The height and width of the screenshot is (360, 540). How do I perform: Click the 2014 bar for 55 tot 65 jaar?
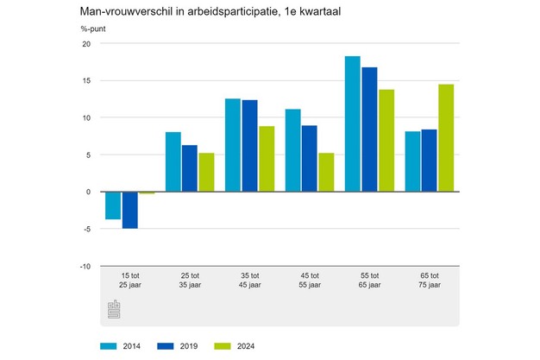(x=353, y=123)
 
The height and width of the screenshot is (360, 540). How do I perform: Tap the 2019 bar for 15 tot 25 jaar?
(x=130, y=210)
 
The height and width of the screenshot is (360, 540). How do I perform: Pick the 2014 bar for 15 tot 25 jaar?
(x=113, y=205)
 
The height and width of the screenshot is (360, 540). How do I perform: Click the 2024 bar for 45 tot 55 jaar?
(x=326, y=172)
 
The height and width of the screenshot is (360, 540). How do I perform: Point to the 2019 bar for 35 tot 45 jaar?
(x=250, y=145)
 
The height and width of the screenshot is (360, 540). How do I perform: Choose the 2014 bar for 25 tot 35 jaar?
(x=173, y=161)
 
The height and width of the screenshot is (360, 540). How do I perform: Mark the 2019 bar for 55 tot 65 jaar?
(x=370, y=129)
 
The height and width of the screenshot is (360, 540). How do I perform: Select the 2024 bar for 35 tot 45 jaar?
(x=267, y=158)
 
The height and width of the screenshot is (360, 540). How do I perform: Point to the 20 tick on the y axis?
(x=85, y=45)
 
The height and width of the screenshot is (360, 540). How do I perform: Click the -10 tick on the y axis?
(x=84, y=266)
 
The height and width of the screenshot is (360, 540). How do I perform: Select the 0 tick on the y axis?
(x=88, y=192)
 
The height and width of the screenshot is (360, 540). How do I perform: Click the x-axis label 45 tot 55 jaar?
(x=309, y=280)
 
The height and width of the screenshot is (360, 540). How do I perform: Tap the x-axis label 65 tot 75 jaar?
(x=429, y=280)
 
